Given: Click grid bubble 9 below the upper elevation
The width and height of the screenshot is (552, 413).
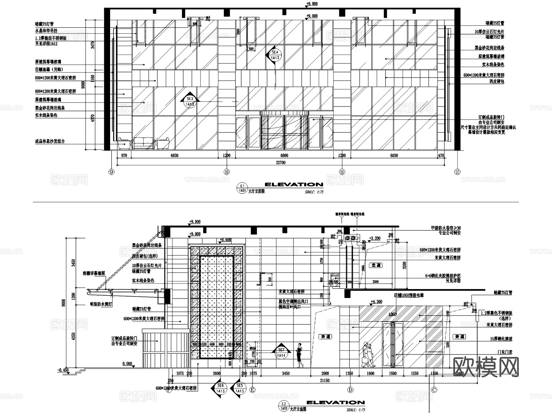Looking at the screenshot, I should (x=112, y=172).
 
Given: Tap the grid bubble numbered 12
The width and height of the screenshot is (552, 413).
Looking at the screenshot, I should (x=457, y=172).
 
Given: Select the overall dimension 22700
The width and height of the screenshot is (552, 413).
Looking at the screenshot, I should (x=281, y=163).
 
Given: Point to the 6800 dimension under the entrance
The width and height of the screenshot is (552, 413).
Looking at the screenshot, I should (x=284, y=155).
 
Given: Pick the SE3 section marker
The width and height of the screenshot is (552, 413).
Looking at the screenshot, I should (x=190, y=101).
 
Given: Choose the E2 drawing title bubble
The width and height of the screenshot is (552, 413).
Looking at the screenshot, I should (x=284, y=406).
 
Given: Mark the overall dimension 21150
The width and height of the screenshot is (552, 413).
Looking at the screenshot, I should (x=325, y=380).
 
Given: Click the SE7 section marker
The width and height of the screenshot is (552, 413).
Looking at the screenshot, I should (x=281, y=352).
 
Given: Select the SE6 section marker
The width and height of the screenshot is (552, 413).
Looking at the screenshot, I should (x=220, y=388).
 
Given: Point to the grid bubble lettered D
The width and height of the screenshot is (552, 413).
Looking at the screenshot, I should (x=350, y=390).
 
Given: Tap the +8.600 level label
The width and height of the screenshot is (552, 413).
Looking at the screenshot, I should (x=225, y=240).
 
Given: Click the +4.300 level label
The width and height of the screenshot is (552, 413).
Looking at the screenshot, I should (x=376, y=302).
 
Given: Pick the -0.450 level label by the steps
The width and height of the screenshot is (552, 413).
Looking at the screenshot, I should (x=63, y=370).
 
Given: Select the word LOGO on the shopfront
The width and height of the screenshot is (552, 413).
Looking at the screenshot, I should (x=393, y=314).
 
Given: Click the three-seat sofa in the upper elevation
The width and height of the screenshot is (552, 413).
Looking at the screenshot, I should (x=144, y=143).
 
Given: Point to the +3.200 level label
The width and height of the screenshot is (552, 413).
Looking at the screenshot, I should (x=374, y=238).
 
